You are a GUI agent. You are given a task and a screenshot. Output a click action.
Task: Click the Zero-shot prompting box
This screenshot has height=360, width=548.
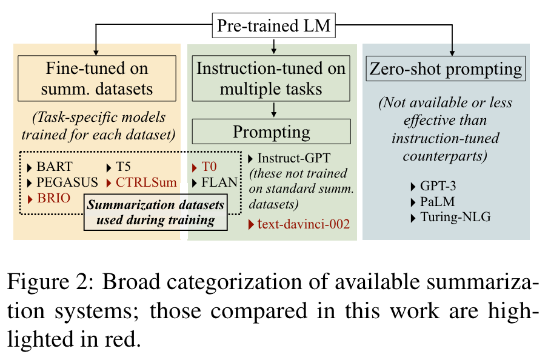pos(446,69)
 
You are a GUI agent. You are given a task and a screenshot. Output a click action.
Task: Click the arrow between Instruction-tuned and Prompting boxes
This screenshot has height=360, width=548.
pos(274,110)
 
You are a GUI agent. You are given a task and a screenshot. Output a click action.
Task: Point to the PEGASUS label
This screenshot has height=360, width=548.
pos(63,181)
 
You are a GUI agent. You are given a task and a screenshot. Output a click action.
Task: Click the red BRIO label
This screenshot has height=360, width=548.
pos(53,197)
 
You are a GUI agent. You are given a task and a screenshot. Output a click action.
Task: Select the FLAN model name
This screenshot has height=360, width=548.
pos(213,181)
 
